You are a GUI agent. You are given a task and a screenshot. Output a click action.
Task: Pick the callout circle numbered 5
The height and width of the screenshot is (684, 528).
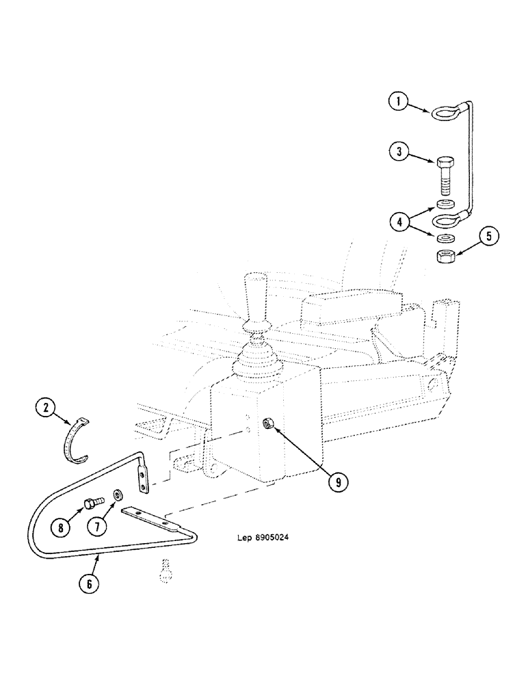click(488, 237)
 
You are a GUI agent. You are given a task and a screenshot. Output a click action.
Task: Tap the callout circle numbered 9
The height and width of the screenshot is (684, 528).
click(336, 481)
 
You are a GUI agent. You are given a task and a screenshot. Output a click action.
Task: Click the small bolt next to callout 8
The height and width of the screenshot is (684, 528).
click(90, 504)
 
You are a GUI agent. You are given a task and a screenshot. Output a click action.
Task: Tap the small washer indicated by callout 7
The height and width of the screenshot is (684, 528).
click(118, 494)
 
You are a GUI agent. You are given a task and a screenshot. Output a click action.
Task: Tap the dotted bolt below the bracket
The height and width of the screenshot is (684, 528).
click(164, 570)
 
